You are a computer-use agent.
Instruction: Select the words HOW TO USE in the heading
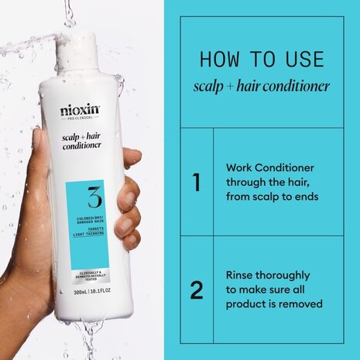[261, 60]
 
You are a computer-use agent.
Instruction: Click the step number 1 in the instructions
[197, 183]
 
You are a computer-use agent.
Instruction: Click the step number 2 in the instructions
[197, 290]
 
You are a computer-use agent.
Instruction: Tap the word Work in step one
[241, 167]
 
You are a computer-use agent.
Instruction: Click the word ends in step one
[305, 197]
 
